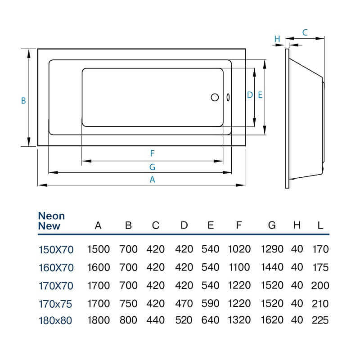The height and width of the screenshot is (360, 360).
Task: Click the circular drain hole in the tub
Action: tap(215, 97)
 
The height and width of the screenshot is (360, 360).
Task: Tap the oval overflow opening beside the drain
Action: tap(228, 97)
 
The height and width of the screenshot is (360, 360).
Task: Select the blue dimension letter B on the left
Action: tap(23, 101)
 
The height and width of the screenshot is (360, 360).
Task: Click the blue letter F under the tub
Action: tap(152, 153)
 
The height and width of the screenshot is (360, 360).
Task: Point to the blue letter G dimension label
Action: tap(152, 167)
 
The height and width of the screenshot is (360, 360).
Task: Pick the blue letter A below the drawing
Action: tap(152, 180)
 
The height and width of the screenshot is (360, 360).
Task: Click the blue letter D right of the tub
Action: tap(250, 95)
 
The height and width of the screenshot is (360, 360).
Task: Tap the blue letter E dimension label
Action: tap(260, 95)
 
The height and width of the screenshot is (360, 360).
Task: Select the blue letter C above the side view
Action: tap(305, 32)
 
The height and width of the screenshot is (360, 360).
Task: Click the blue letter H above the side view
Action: tap(277, 39)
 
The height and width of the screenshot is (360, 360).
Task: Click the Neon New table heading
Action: tap(51, 221)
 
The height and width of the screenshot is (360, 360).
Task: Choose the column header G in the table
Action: tap(272, 225)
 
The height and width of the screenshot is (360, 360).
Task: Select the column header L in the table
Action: tap(320, 225)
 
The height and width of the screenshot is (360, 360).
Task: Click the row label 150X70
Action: tap(56, 250)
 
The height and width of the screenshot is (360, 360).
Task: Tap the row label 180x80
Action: tap(55, 320)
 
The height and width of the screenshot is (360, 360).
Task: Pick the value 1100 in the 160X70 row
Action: tap(239, 267)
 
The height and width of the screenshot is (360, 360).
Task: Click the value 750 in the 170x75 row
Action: tap(128, 304)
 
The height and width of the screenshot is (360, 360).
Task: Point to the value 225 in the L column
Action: tap(320, 320)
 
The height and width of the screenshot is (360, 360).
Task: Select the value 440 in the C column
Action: tap(156, 320)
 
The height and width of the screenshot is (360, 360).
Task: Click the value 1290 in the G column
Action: tap(272, 249)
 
